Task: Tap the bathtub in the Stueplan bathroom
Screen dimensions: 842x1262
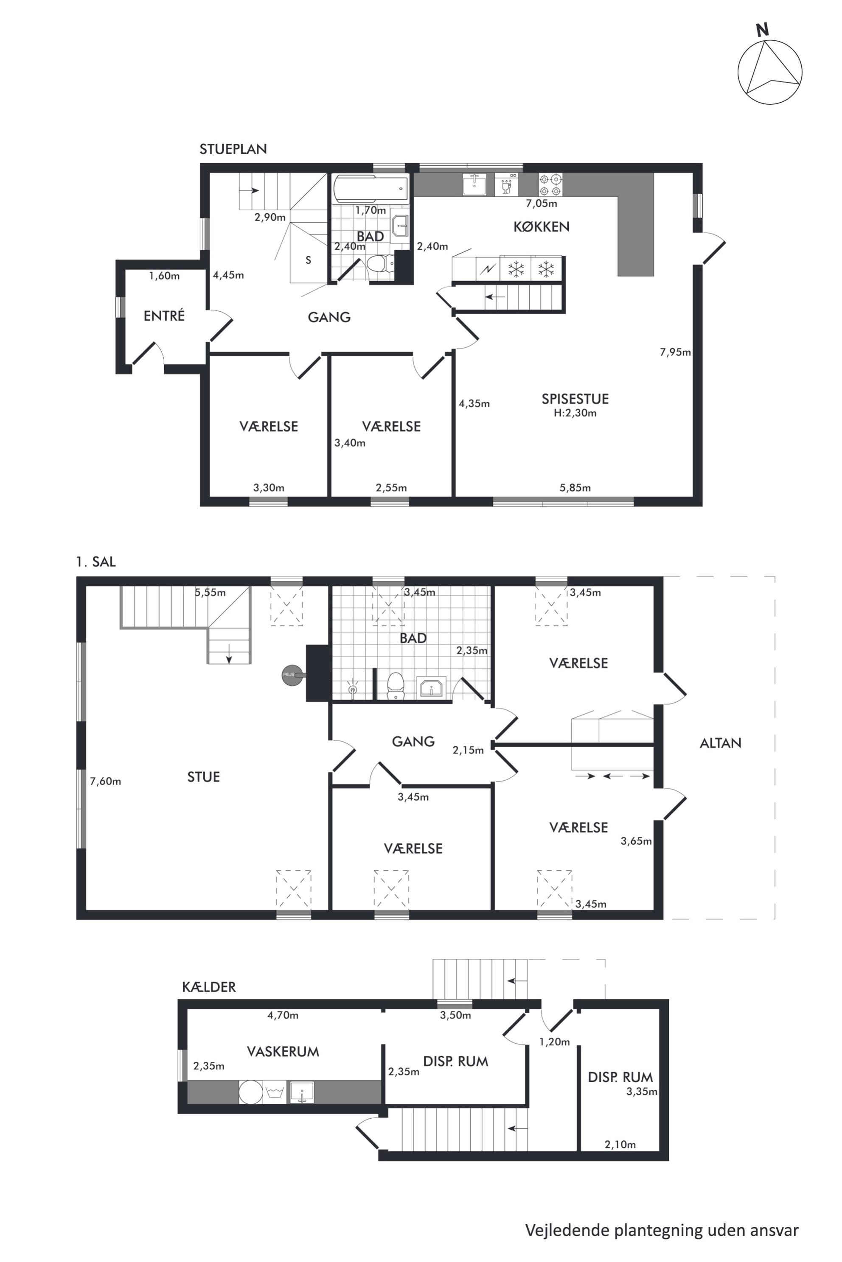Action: [370, 190]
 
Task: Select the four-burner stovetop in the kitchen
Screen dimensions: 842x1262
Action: [551, 184]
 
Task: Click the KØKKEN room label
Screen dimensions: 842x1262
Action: [541, 226]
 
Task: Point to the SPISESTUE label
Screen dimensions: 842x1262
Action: [575, 399]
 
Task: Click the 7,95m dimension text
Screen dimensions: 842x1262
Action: [675, 352]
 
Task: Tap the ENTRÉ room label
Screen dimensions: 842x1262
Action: [164, 315]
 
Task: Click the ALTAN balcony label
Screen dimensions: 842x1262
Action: [721, 743]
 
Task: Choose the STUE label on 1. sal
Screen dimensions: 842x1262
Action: [204, 776]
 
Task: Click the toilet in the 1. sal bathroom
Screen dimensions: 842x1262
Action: [396, 686]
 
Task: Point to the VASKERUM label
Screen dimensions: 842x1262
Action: [283, 1051]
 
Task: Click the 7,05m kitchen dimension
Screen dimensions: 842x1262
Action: [541, 204]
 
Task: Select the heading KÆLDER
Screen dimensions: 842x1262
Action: [209, 986]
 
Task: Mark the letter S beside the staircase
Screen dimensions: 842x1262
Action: [308, 260]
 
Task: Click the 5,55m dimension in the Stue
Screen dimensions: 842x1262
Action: [210, 592]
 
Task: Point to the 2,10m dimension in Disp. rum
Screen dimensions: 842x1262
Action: [620, 1144]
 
